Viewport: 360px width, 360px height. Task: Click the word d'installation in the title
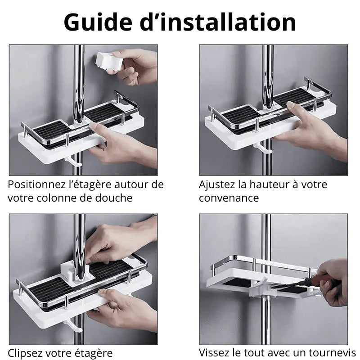tap(225, 22)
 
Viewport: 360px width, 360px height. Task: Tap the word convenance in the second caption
tap(229, 198)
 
